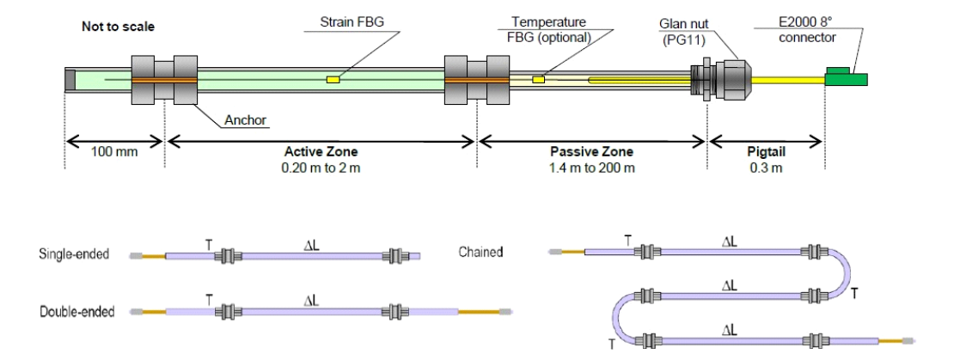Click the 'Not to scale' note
(118, 27)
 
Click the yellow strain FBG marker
(333, 79)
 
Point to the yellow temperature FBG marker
(539, 79)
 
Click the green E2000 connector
(846, 78)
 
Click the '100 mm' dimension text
(113, 151)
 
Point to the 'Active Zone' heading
(321, 152)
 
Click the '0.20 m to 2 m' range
(321, 167)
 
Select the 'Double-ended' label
(78, 311)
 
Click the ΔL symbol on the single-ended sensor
(307, 243)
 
